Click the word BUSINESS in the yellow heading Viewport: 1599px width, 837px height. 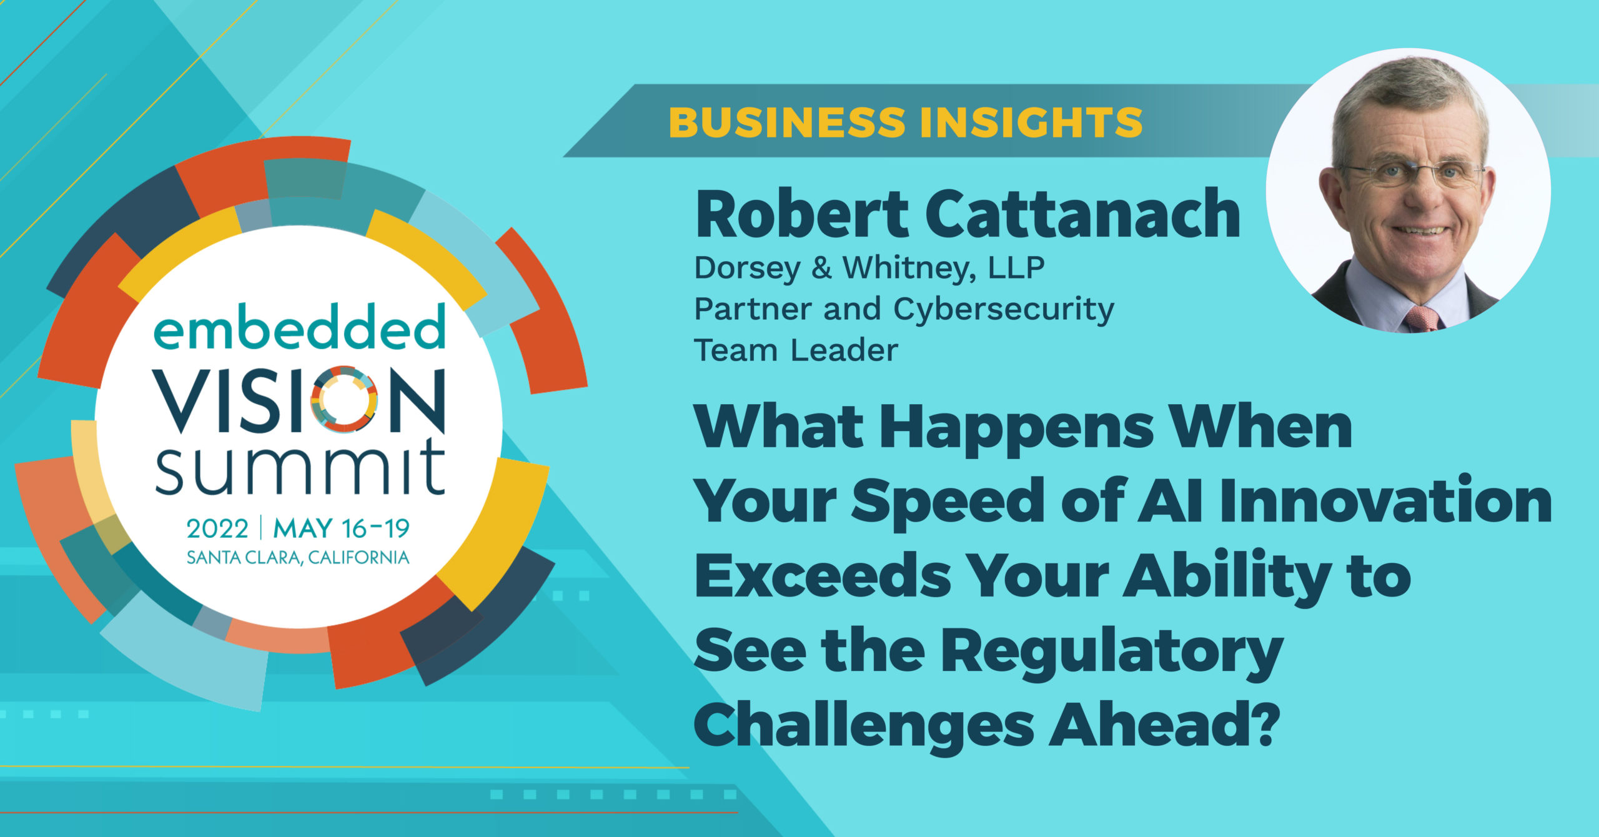(786, 122)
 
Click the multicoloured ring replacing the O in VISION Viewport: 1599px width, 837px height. (344, 399)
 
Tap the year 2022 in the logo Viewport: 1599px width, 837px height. (217, 529)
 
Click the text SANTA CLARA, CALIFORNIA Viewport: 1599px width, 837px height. (298, 557)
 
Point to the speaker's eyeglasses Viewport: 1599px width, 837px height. (1413, 172)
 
